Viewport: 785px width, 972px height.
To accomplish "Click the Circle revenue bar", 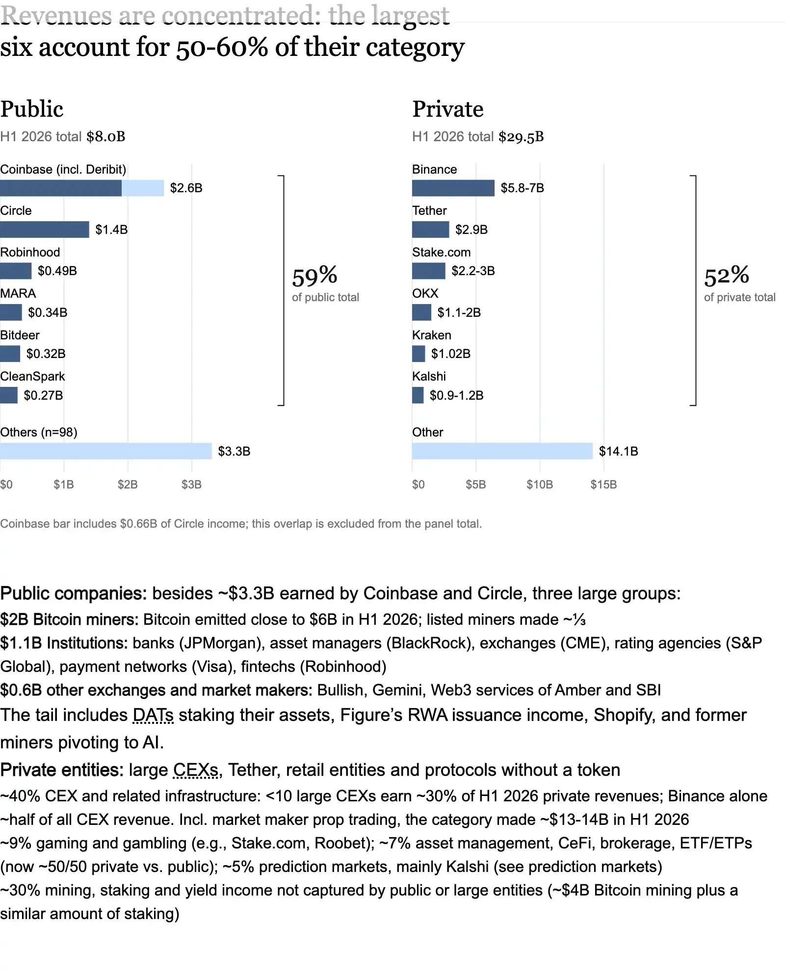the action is tap(45, 230).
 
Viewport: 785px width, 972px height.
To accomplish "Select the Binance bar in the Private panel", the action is tap(453, 188).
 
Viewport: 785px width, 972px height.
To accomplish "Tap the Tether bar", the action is tap(431, 230).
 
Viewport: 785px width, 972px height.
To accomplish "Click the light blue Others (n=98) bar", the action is tap(106, 451).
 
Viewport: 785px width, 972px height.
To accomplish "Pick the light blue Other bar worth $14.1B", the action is tap(502, 451).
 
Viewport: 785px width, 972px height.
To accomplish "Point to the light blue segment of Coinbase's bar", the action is tap(143, 188).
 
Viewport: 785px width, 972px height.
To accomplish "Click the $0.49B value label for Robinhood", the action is tap(57, 271).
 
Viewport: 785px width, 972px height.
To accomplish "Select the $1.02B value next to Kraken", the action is tap(451, 354).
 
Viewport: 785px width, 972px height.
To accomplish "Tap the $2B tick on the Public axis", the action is tap(128, 485).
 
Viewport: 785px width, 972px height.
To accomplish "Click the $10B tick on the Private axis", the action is tap(540, 485).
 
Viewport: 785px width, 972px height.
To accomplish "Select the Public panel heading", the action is tap(32, 109).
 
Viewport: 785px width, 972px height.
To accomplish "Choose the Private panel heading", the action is tap(448, 109).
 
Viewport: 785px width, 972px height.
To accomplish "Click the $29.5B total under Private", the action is tap(521, 137).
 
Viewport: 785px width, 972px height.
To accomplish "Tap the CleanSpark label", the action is tap(32, 377).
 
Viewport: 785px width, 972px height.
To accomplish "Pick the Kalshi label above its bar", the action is tap(429, 377).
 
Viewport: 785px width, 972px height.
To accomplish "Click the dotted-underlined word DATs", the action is tap(153, 716).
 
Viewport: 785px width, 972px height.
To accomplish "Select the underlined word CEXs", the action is tap(196, 770).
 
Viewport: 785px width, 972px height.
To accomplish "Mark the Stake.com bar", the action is tap(429, 271).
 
